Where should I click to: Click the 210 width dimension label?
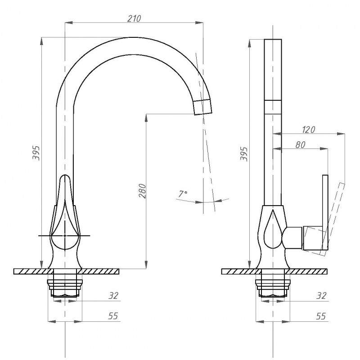click(134, 18)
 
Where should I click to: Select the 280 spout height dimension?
click(142, 191)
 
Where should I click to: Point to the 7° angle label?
click(183, 194)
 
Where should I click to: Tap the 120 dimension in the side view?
click(308, 130)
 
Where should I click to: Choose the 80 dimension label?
click(300, 144)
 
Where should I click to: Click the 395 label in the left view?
click(36, 153)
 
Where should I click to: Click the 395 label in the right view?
click(244, 154)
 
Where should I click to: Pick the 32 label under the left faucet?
click(113, 296)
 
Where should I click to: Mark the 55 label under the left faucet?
click(113, 316)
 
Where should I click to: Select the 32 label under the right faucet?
click(321, 296)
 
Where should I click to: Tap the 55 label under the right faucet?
click(321, 316)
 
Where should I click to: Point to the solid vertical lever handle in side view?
click(325, 212)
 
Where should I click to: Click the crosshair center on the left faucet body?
click(65, 235)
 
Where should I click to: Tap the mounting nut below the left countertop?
click(65, 288)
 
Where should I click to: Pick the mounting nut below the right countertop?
click(273, 288)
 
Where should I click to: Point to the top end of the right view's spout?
click(273, 40)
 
